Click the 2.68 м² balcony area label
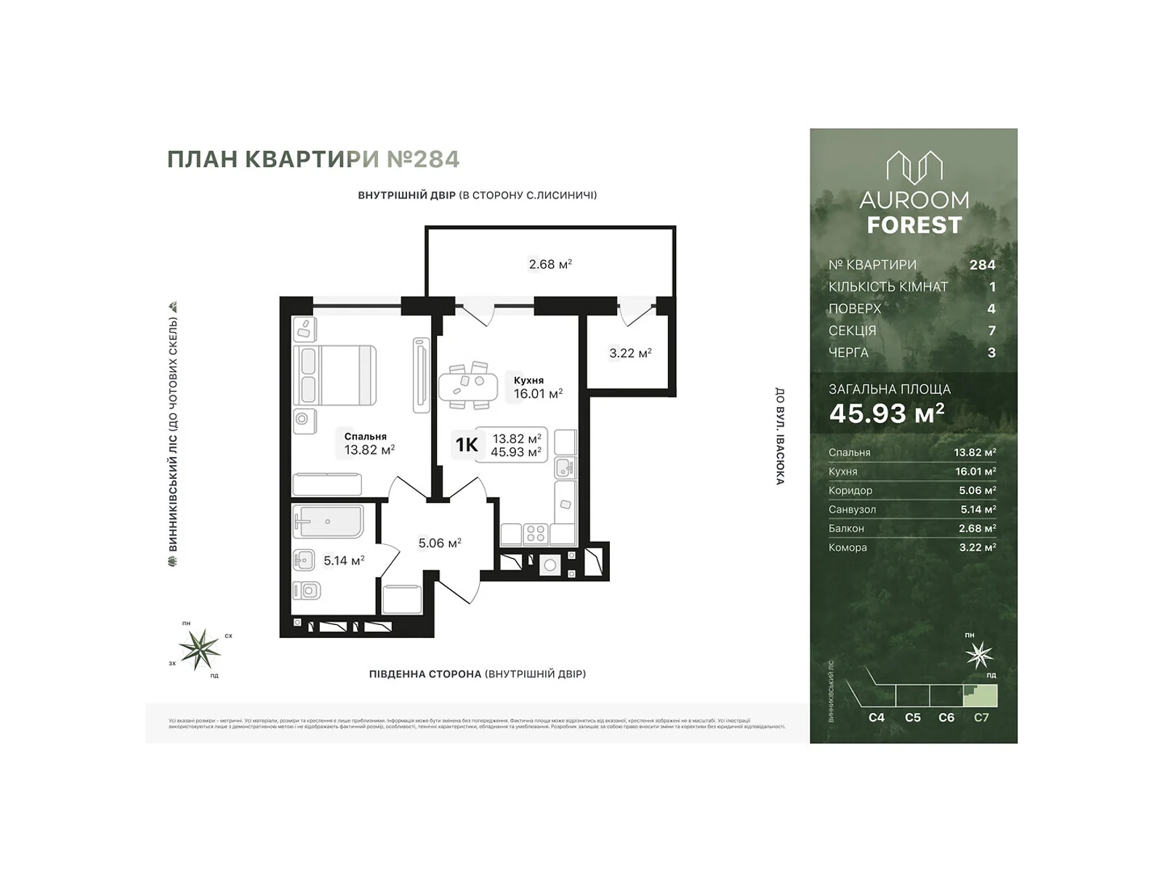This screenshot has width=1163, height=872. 550,265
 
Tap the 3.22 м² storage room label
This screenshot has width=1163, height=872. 629,353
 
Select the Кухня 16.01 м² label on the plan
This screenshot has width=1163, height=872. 537,387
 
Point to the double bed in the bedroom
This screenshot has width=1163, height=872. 334,375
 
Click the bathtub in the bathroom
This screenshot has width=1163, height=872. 328,521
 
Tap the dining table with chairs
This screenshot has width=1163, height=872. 467,385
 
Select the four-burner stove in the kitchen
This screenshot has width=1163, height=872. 536,533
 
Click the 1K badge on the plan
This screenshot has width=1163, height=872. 467,445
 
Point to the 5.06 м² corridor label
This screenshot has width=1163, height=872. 440,543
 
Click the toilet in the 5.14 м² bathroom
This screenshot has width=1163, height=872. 307,590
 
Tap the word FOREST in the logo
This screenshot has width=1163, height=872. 914,226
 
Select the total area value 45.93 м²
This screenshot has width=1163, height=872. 887,413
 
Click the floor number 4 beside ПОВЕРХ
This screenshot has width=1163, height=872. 991,309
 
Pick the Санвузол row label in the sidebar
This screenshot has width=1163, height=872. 852,509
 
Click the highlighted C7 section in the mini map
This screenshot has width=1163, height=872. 981,695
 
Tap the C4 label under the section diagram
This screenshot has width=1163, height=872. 877,717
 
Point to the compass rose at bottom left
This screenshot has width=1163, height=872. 200,648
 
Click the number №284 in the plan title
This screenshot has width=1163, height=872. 423,159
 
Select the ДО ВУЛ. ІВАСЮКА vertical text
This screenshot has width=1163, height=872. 779,436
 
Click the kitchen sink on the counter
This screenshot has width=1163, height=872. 565,467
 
